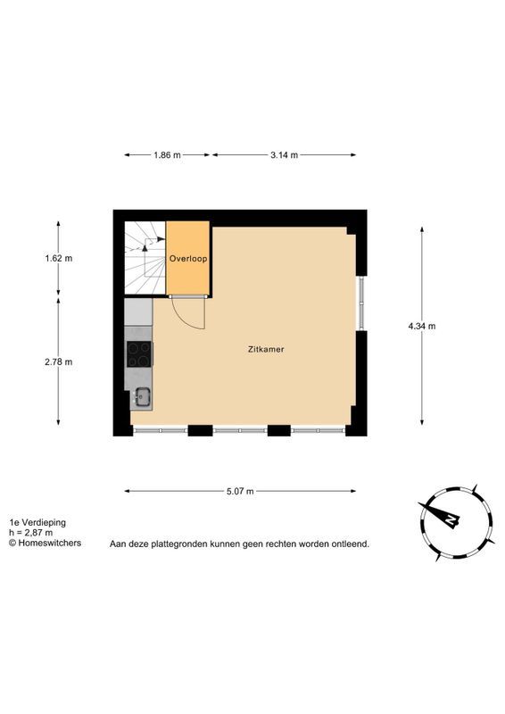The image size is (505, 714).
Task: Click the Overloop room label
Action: coord(188,259)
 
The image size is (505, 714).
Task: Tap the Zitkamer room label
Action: coord(266,349)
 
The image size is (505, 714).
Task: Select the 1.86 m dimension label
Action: coord(167,154)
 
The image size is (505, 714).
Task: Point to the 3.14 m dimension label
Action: coord(284,154)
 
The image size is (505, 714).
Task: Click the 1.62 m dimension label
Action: coord(58,258)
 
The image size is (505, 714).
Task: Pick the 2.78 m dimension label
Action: coord(58,362)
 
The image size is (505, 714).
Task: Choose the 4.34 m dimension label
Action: coord(422,326)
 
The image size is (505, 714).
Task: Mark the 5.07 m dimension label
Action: coord(240,492)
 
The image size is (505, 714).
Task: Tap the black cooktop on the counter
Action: coord(139,353)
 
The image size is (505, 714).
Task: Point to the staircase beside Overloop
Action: coord(145,258)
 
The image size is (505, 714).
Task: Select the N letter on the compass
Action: coord(451,519)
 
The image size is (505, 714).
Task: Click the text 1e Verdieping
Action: coord(37,523)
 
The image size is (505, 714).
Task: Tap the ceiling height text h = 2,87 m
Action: coord(31,533)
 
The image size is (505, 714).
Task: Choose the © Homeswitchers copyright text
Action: coord(46,543)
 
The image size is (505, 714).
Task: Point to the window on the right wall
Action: coord(361,303)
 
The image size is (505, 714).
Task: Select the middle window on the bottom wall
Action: coord(240,430)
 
